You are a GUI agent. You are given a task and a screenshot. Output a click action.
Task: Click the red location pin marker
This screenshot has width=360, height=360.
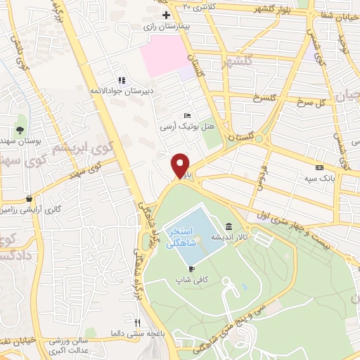coord(181,165)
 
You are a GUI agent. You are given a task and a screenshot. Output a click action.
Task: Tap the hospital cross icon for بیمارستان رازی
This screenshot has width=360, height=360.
coord(166,15)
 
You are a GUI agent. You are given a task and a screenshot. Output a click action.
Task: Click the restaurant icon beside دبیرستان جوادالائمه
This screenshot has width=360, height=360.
coord(121,81)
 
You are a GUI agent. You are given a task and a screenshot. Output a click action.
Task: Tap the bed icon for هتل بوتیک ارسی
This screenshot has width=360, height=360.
coord(186,115)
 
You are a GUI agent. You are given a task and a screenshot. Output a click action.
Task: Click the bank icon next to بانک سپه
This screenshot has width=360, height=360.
coord(320,167)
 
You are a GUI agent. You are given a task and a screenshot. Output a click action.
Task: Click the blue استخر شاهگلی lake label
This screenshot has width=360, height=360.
coord(184,237)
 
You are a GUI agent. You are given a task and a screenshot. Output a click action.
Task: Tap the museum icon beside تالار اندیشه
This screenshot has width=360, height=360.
coord(229,226)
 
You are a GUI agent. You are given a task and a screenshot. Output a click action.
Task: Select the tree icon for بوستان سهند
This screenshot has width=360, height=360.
coord(20,130)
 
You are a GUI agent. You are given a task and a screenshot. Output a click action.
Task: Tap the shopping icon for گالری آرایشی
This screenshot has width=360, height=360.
coord(28,198)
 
